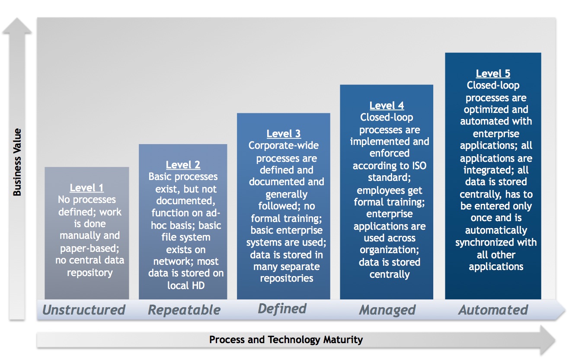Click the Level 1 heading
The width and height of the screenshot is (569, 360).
pos(86,188)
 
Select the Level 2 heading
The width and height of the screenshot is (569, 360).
pos(183,165)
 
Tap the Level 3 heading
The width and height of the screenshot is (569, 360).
pos(284,134)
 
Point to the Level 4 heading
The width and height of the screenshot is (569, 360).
pos(387,106)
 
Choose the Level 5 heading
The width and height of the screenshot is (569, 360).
pos(493,74)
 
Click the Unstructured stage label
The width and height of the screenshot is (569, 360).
pos(84,310)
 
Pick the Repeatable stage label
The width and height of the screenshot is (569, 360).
pos(184,310)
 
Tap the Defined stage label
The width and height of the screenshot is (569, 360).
pos(282,309)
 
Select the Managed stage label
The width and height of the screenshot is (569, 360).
pos(387,310)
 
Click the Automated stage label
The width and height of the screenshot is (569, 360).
pos(493,310)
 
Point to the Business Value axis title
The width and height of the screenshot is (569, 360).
pos(17,162)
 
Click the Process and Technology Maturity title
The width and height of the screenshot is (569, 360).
pos(286,340)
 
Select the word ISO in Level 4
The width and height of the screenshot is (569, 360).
pos(419,166)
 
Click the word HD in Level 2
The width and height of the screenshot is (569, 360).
pos(198,286)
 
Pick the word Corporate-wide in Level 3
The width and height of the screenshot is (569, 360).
pos(284,145)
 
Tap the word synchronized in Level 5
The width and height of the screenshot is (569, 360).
pos(485,243)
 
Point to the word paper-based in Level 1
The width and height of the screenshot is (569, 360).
pos(90,248)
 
